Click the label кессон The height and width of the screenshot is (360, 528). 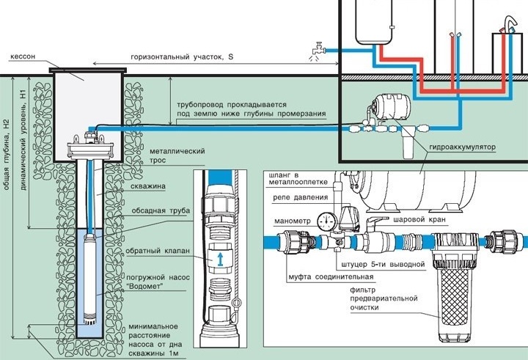[x=22, y=56]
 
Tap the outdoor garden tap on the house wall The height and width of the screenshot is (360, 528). [x=318, y=49]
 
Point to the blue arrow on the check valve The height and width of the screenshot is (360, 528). [x=220, y=260]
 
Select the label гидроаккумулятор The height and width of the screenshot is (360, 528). [x=462, y=147]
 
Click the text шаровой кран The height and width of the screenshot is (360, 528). [x=419, y=219]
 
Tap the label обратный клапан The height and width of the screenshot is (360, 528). [x=158, y=251]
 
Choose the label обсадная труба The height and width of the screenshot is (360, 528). [x=161, y=211]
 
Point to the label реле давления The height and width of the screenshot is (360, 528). [x=301, y=197]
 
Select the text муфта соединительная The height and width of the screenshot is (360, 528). [x=331, y=277]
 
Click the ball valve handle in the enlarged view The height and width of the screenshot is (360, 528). [x=376, y=222]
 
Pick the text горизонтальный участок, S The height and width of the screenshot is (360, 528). [x=182, y=56]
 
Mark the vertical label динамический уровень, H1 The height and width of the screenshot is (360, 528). [x=23, y=140]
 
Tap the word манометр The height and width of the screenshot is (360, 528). [x=293, y=221]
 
